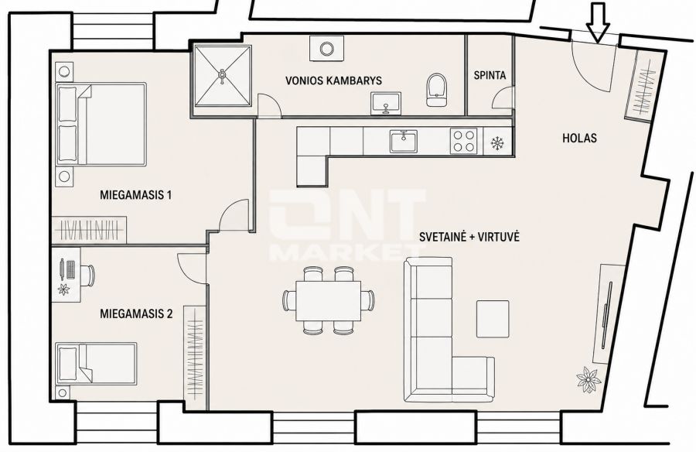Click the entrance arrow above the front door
tap(599, 23)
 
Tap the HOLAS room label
tap(579, 139)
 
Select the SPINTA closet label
tap(490, 75)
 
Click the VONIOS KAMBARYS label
tap(333, 80)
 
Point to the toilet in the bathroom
tap(436, 91)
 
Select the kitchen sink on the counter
tap(404, 141)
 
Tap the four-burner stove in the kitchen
tap(463, 141)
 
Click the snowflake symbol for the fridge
tap(497, 143)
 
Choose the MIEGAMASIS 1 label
tap(136, 195)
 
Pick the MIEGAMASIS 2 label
tap(136, 314)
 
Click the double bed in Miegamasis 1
tap(101, 124)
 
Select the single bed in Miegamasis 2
tap(97, 363)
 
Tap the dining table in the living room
tap(329, 300)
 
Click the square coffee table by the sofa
tap(493, 319)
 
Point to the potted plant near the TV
tap(589, 380)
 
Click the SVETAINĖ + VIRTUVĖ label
tap(469, 237)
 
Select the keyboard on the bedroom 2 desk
tap(70, 270)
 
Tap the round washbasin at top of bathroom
tap(326, 48)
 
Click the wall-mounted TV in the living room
tap(607, 315)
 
